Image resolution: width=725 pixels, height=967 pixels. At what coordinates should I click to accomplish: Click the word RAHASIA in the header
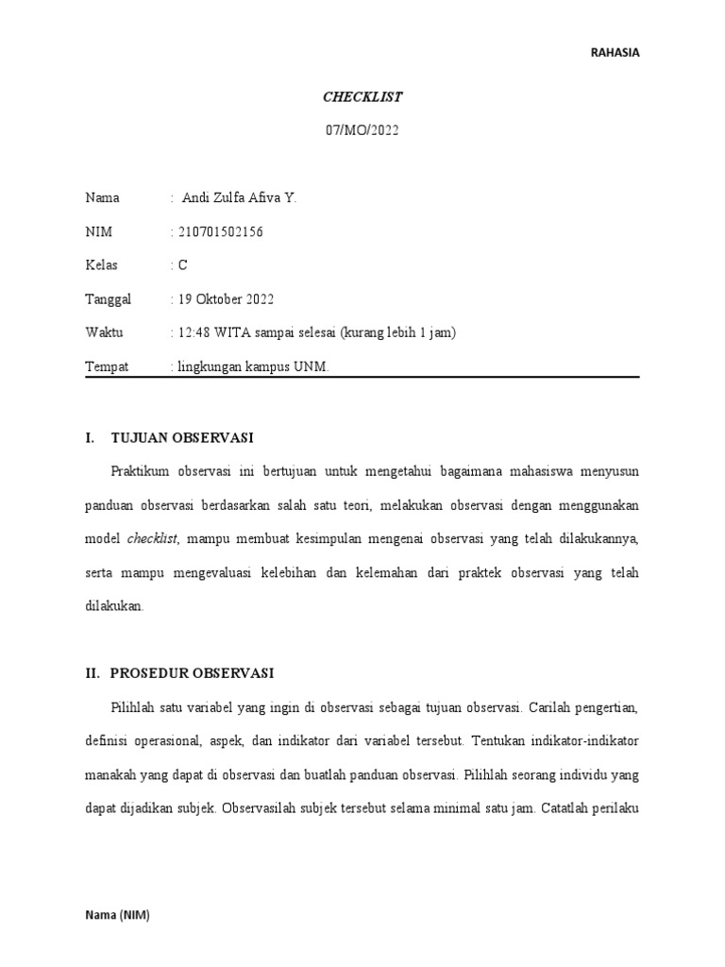pos(615,53)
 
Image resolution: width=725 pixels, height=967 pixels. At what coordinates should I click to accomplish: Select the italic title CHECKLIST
pos(362,96)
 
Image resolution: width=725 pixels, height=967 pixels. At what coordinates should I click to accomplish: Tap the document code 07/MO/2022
pos(362,131)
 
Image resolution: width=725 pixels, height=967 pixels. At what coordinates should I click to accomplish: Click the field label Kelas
pos(102,266)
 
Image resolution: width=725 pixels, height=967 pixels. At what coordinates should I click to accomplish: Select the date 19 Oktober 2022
pos(225,299)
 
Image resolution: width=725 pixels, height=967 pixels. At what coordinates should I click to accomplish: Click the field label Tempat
pos(107,366)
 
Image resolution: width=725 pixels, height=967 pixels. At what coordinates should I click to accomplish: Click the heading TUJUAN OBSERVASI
pos(182,438)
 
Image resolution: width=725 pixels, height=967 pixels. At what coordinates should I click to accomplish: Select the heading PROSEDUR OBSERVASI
pos(192,673)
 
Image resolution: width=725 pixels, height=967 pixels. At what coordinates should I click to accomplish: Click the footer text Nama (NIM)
pos(117,915)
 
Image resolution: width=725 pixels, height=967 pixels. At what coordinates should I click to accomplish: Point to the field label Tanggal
pos(109,299)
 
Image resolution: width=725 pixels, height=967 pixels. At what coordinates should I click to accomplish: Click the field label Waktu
pos(104,332)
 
